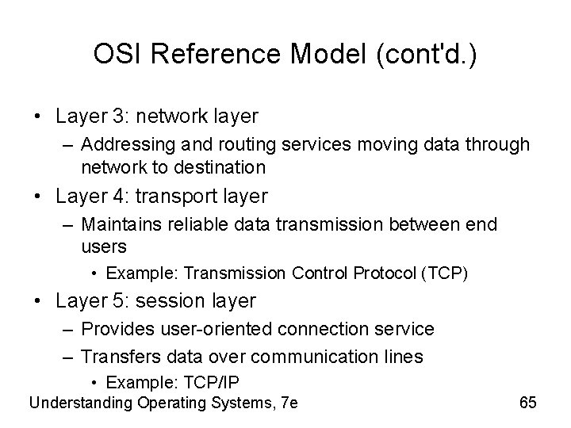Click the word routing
point(227,145)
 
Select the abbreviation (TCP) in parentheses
point(447,274)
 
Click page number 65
point(528,403)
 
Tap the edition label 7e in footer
point(289,403)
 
